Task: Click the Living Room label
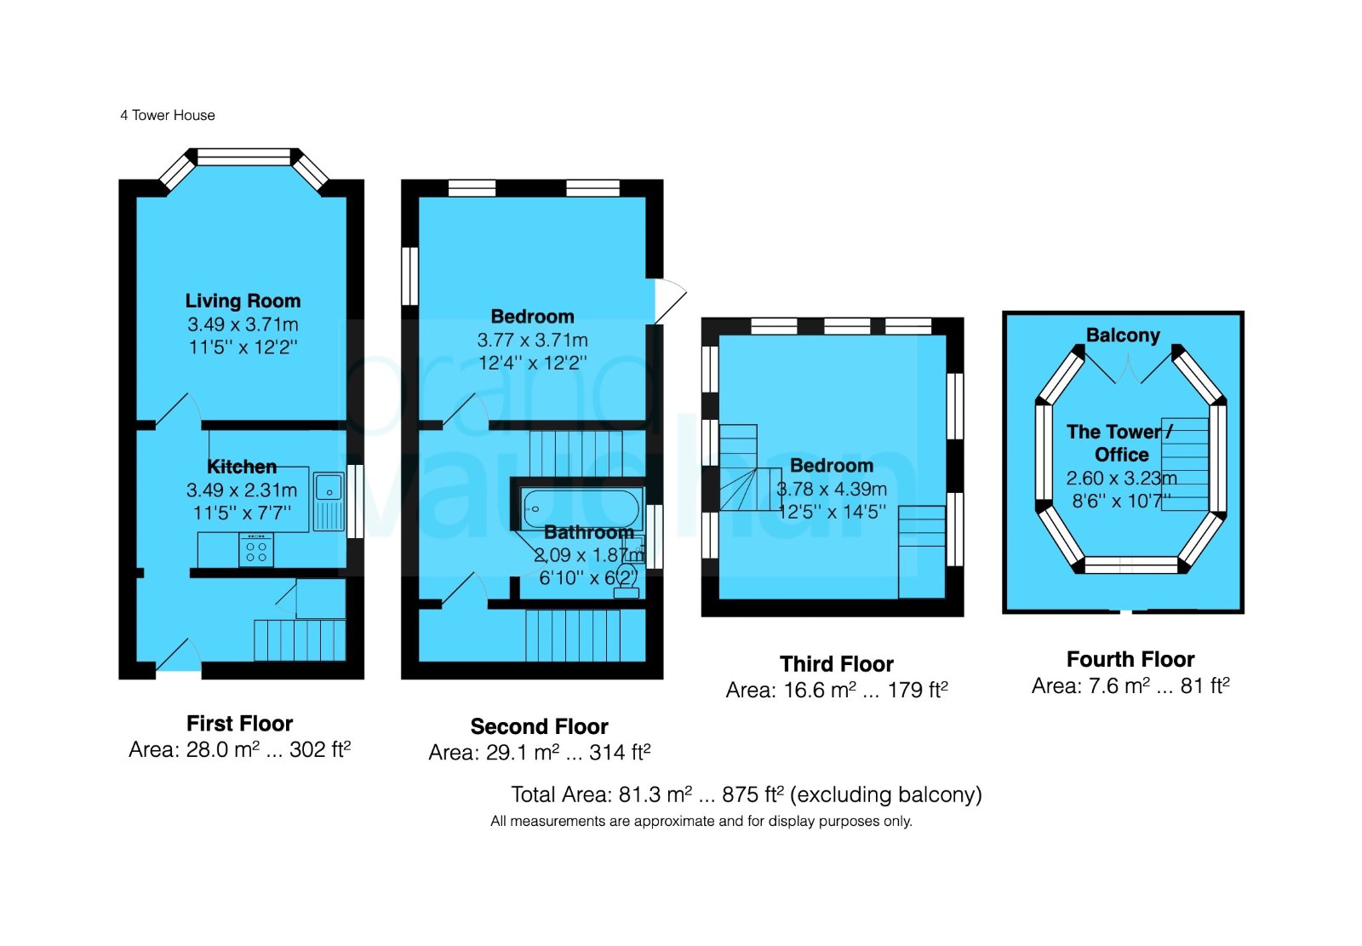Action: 243,301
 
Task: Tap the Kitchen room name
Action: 242,467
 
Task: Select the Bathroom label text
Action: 588,532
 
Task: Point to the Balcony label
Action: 1123,335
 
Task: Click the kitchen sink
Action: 329,501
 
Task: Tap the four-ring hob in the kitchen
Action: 256,550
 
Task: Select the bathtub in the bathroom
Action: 582,508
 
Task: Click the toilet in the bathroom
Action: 627,581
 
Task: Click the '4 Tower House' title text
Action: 167,116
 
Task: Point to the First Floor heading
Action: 239,724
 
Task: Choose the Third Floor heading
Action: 837,663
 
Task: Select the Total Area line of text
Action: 746,794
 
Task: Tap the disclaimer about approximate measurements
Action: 701,822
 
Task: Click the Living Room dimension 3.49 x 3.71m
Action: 243,324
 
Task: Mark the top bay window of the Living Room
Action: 243,157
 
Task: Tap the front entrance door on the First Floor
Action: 179,655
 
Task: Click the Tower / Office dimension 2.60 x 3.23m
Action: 1121,479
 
